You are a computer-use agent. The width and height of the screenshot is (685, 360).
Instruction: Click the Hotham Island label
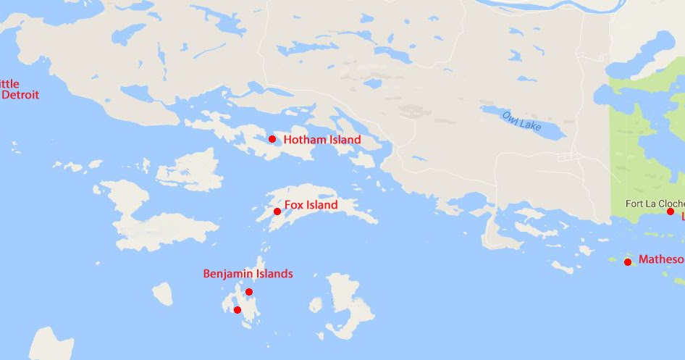pos(322,140)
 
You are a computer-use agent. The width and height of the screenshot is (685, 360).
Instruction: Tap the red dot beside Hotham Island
pos(272,139)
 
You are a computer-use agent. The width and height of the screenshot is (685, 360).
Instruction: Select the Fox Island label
pos(311,205)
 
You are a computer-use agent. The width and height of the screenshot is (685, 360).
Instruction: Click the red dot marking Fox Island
pos(277,212)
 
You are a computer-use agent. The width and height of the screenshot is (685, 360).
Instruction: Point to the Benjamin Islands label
pos(248,274)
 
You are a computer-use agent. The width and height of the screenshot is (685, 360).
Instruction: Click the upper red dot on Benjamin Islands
pos(249,292)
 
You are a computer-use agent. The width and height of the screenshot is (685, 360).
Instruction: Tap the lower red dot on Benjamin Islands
pos(238,310)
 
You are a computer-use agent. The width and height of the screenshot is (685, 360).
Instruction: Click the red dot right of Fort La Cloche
pos(671,212)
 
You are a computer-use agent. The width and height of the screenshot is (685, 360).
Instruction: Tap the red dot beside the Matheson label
pos(628,261)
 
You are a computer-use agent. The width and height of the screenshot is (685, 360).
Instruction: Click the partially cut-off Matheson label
pos(661,259)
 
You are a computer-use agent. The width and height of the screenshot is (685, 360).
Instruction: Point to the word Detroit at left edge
pos(20,95)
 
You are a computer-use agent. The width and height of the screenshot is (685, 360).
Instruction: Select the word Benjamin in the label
pos(227,274)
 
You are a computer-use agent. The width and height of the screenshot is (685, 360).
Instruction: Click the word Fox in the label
pos(293,205)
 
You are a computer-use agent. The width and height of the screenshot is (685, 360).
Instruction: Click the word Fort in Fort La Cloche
pos(636,204)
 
